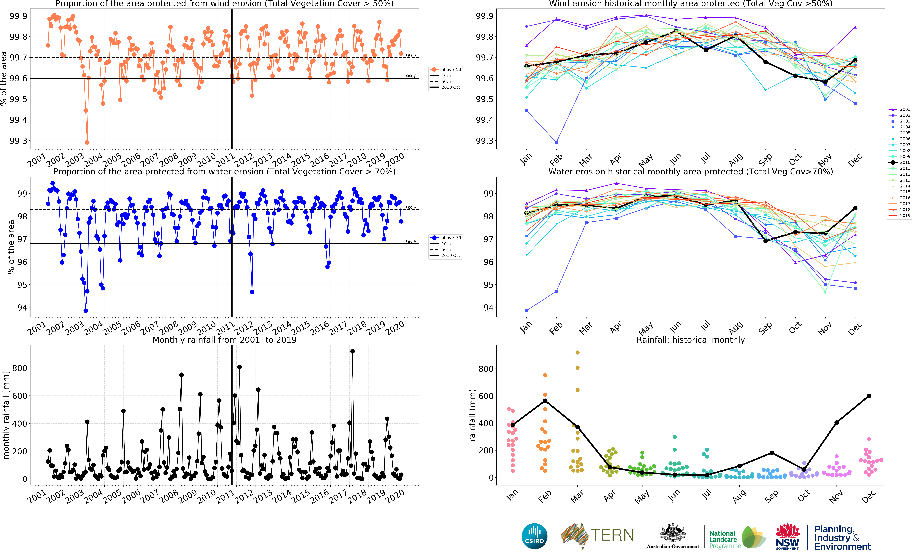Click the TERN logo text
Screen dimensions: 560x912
(x=612, y=535)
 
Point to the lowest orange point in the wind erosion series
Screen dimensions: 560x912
(x=87, y=142)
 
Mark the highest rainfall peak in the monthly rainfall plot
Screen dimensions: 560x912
(x=352, y=351)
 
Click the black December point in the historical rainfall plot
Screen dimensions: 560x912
(x=869, y=396)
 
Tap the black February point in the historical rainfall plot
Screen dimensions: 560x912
(x=545, y=401)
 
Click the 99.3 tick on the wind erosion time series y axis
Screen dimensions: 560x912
(x=19, y=141)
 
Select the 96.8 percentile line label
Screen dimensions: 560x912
(x=411, y=242)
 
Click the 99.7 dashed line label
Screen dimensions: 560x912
(x=411, y=56)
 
